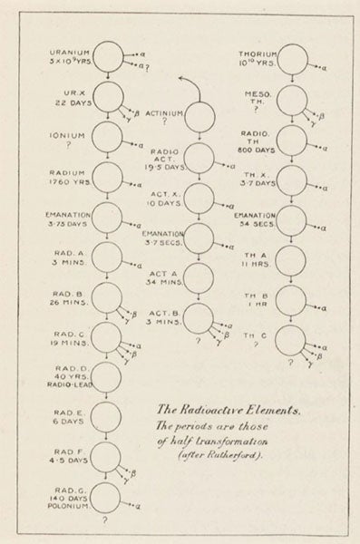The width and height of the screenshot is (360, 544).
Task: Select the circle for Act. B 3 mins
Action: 200,316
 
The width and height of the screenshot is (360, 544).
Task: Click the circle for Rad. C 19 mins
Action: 108,335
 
